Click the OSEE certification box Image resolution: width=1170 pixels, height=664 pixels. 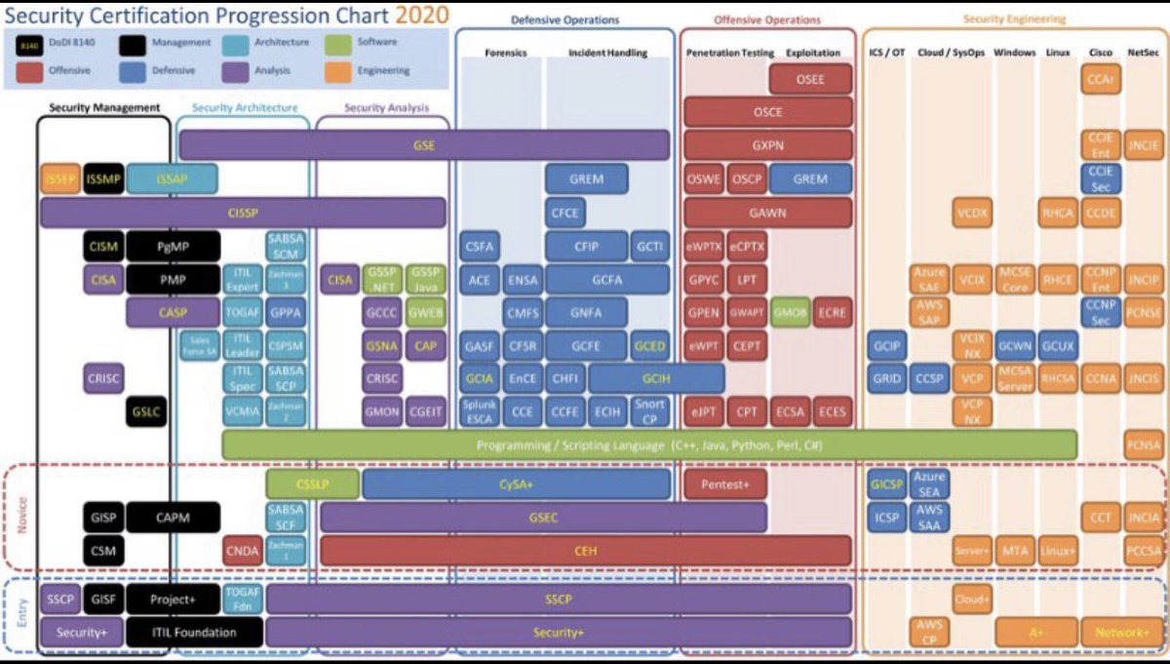pos(810,80)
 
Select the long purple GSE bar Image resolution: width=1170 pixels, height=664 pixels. pos(424,145)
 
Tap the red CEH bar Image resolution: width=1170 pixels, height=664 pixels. pos(585,550)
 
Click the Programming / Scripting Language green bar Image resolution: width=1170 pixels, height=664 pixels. pos(649,446)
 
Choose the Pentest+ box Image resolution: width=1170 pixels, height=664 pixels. pos(725,485)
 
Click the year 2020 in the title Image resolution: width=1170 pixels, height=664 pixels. pos(422,15)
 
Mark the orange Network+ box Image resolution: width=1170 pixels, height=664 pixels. pos(1122,633)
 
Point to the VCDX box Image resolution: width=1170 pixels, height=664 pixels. pos(971,214)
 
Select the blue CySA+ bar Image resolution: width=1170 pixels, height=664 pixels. pos(516,485)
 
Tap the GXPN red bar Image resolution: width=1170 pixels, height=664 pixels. pos(767,145)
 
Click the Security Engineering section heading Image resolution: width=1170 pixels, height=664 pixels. pos(1014,19)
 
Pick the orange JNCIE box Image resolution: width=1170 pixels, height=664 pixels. pos(1143,146)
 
